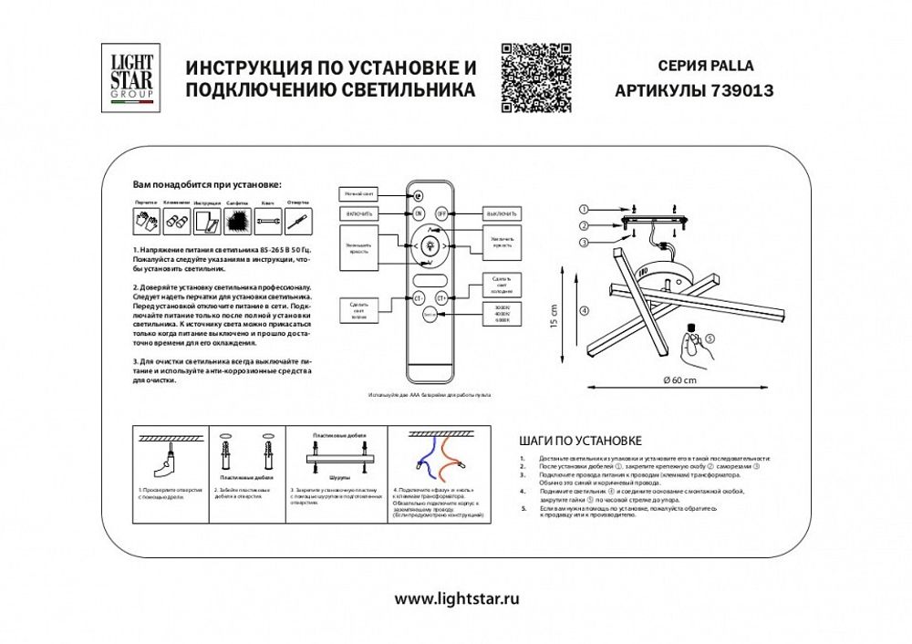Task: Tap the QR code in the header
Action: click(536, 78)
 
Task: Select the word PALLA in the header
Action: click(733, 66)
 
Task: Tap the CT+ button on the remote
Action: click(442, 296)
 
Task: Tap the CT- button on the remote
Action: click(419, 296)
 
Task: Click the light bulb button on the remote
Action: click(430, 244)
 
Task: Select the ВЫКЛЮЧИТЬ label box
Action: click(501, 213)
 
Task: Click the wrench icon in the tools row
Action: click(267, 220)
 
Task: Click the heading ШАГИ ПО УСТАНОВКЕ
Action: click(580, 440)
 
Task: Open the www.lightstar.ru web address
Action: click(457, 599)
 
